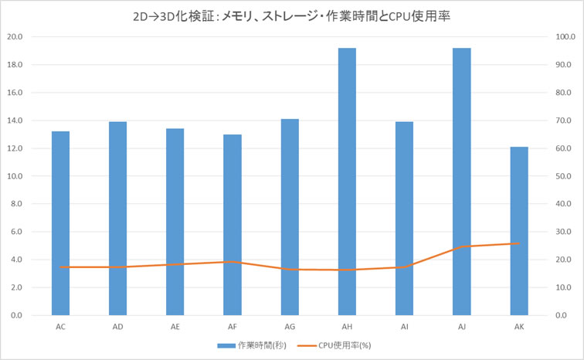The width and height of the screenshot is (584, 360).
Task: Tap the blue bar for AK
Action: (x=518, y=231)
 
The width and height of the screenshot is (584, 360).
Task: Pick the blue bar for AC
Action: (x=60, y=223)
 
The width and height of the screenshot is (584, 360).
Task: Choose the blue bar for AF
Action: (x=233, y=225)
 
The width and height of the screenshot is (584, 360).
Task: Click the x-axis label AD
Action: (x=117, y=328)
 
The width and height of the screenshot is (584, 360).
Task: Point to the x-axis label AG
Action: (x=290, y=328)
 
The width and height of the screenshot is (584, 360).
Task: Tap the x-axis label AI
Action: (x=404, y=328)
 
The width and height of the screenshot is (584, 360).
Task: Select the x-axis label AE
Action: (x=175, y=328)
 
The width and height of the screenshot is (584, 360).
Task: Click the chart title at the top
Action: (x=291, y=14)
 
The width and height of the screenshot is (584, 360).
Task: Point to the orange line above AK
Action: (x=518, y=243)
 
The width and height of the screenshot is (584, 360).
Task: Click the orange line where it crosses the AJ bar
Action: (x=461, y=246)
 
